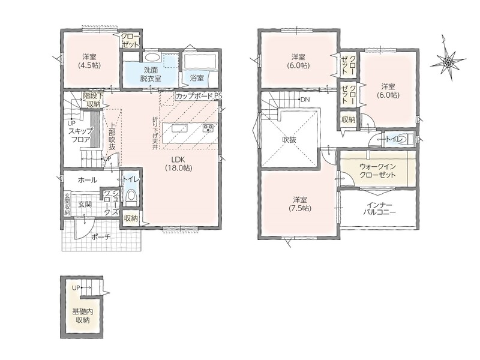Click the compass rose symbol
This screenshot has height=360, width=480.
point(447,62)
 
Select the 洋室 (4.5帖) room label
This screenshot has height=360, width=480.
point(89,61)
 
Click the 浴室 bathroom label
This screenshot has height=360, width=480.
point(197,78)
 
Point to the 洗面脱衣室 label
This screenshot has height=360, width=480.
point(151,74)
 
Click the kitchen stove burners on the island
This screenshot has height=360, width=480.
point(208,128)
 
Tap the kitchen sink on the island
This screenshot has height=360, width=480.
point(179,128)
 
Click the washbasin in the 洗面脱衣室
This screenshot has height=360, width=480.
point(152,57)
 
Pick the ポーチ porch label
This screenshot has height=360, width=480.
point(101,236)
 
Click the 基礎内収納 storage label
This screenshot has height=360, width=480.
point(82,316)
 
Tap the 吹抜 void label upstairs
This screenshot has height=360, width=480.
point(289,140)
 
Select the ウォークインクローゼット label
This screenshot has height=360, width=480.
point(377,171)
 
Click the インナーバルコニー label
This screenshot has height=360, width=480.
point(379,208)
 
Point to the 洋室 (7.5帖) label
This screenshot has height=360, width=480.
point(299,204)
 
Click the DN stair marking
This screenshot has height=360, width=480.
point(305,100)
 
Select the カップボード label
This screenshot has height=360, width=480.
point(194,96)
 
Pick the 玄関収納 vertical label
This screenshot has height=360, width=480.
point(67,204)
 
